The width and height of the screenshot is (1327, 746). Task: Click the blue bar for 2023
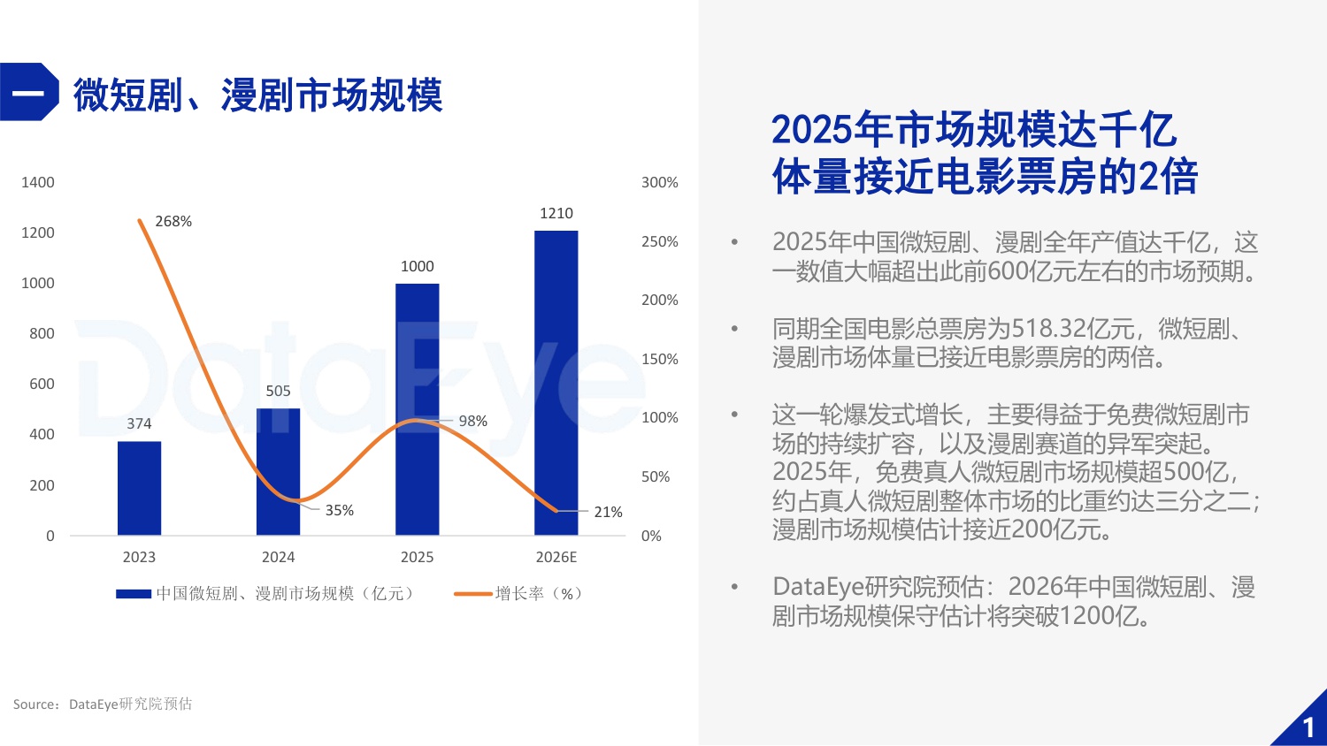(139, 488)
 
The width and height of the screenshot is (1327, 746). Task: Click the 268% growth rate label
(173, 221)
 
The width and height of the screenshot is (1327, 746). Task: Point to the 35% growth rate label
(339, 510)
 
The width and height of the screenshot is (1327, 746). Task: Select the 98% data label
(472, 421)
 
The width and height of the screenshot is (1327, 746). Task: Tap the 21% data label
(608, 512)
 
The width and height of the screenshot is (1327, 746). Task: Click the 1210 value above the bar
(556, 213)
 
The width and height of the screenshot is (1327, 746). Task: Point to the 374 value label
(139, 423)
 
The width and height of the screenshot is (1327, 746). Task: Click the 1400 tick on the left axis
(38, 182)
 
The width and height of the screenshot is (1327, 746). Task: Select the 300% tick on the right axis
(659, 182)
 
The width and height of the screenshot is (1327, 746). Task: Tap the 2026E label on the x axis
(556, 557)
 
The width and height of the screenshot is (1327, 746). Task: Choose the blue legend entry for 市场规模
(265, 593)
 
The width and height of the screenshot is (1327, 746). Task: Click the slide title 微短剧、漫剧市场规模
(257, 95)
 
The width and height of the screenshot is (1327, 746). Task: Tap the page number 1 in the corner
(1308, 727)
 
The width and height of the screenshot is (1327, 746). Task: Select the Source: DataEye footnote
(103, 704)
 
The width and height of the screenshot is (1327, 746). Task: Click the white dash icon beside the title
(27, 92)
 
